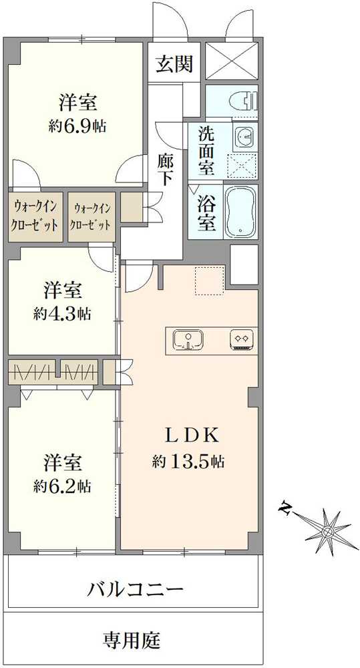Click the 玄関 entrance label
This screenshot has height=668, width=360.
pos(174,64)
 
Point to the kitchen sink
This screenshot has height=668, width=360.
pos(189,341)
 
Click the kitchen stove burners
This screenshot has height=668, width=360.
pos(242,340)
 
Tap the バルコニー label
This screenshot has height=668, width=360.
pos(136,589)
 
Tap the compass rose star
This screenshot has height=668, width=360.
pos(327,531)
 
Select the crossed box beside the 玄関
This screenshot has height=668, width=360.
pos(231,61)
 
